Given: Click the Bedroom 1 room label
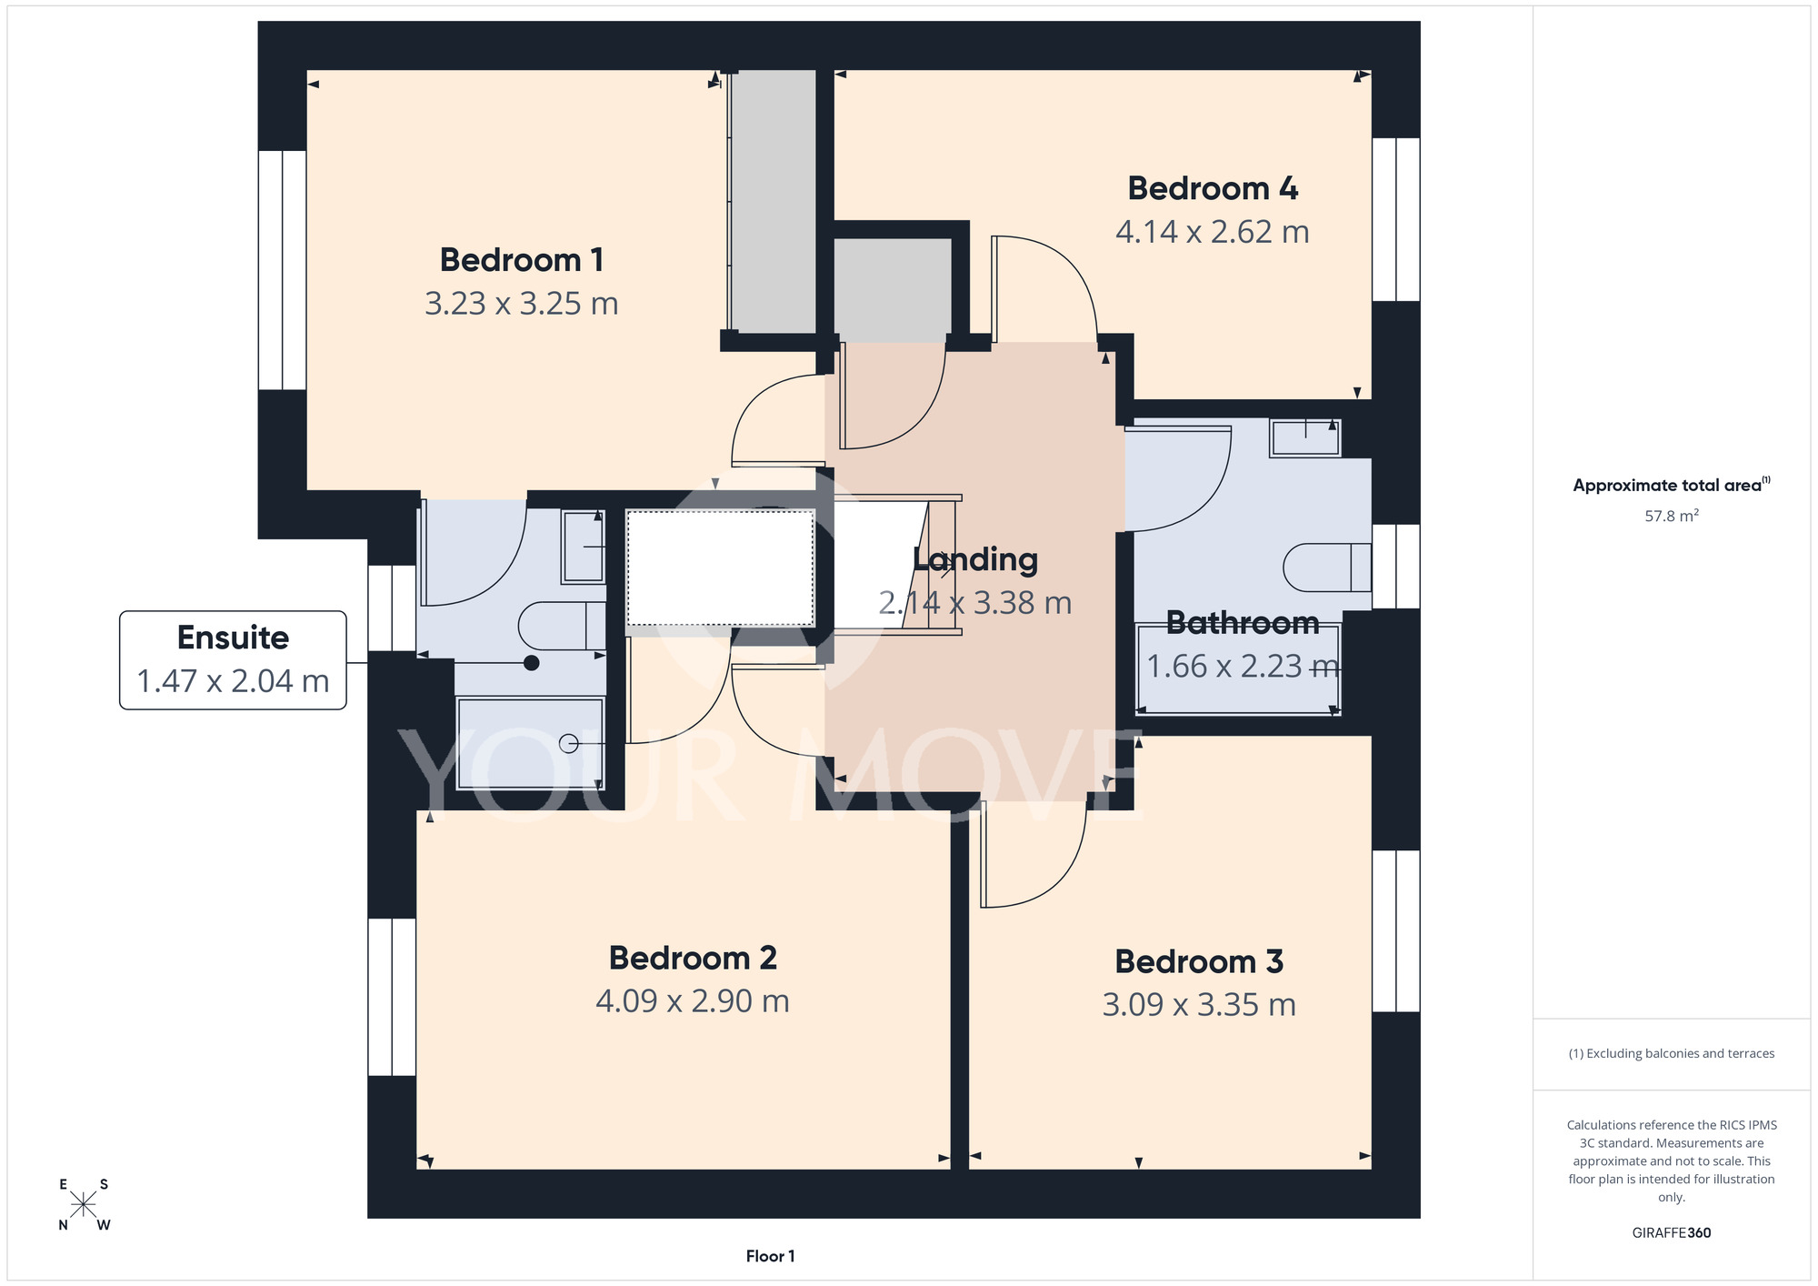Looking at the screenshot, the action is pos(522,260).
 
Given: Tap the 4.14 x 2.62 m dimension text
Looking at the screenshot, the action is pos(1213,232).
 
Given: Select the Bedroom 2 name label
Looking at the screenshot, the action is pos(693,958).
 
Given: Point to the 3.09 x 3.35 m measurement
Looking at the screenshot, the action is pos(1199,1005).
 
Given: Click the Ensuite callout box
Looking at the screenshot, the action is pos(233,660).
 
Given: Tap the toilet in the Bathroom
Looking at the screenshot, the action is pos(1327,568).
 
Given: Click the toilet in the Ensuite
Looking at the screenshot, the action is pos(562,626).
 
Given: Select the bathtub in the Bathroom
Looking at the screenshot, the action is pos(1239,668).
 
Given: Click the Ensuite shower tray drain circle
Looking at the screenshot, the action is pos(569,744).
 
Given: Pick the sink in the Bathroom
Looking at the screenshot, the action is pos(1305,437).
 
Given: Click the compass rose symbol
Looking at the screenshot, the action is pos(84,1205).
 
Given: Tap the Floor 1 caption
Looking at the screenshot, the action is pos(770,1256).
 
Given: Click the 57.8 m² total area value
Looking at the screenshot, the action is pos(1672,516).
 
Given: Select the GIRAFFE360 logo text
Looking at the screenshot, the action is pos(1672,1233).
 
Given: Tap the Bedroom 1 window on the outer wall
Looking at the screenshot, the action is pos(282,270).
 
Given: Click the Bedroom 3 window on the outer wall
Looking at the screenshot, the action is pos(1395,931).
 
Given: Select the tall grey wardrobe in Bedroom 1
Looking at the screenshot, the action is pos(773,202).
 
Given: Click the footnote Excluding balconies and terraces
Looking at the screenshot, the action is pos(1672,1054).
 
